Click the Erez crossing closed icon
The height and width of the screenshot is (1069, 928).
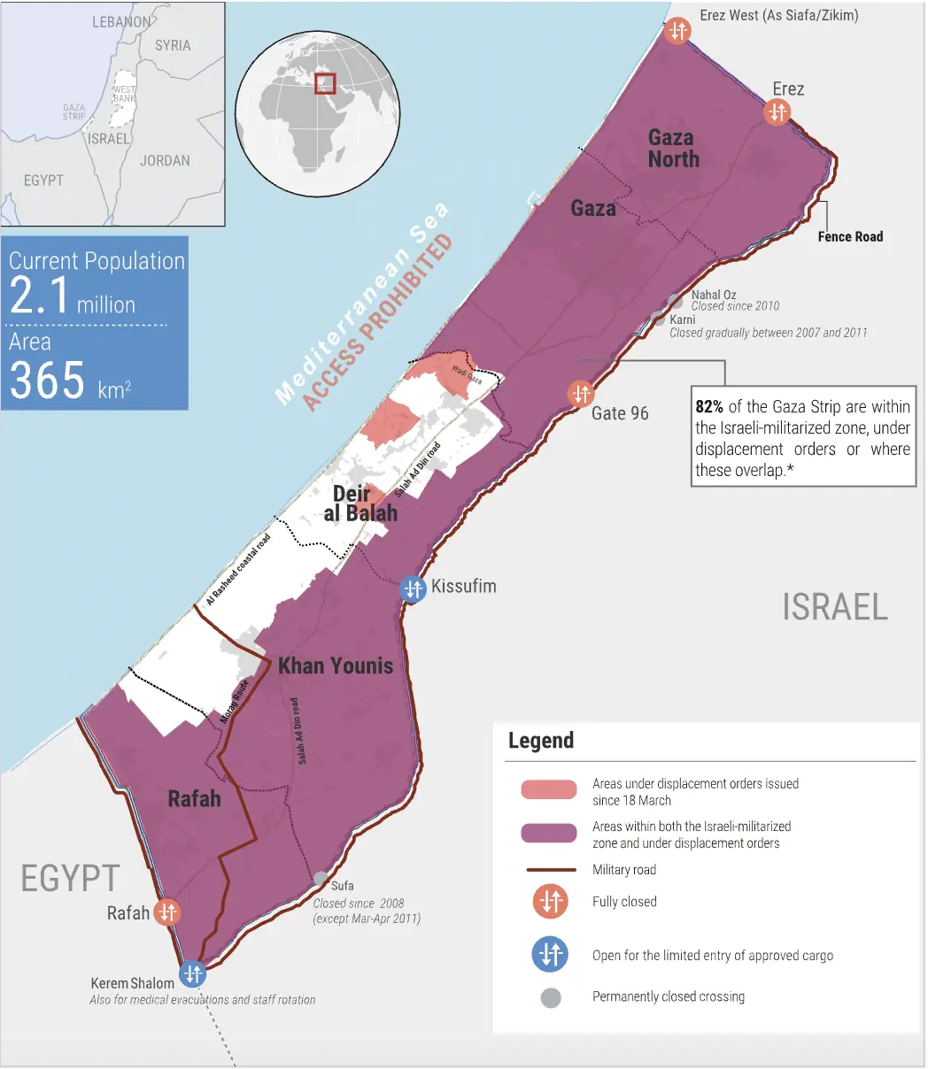click(777, 112)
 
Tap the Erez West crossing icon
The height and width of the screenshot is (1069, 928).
click(677, 31)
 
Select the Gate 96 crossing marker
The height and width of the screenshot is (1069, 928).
click(581, 392)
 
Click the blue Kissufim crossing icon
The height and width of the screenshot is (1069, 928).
click(414, 588)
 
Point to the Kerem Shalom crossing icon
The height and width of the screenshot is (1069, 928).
click(192, 974)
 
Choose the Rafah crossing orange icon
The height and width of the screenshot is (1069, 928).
click(167, 912)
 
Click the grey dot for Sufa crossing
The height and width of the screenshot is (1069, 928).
click(320, 879)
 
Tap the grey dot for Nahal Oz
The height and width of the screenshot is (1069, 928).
click(676, 301)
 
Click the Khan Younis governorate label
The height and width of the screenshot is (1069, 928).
click(336, 665)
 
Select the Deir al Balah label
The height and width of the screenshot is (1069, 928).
click(360, 504)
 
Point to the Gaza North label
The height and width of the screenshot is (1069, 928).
click(673, 149)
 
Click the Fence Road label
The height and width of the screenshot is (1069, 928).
click(850, 236)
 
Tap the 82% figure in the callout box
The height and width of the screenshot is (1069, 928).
click(709, 408)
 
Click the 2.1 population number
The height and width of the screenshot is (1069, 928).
click(39, 296)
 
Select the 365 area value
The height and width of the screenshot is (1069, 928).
click(48, 381)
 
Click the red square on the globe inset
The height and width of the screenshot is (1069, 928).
click(326, 83)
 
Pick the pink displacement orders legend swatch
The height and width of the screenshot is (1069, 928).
click(549, 790)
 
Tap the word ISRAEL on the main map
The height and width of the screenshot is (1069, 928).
click(834, 607)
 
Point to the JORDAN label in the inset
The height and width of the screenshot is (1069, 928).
click(165, 160)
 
